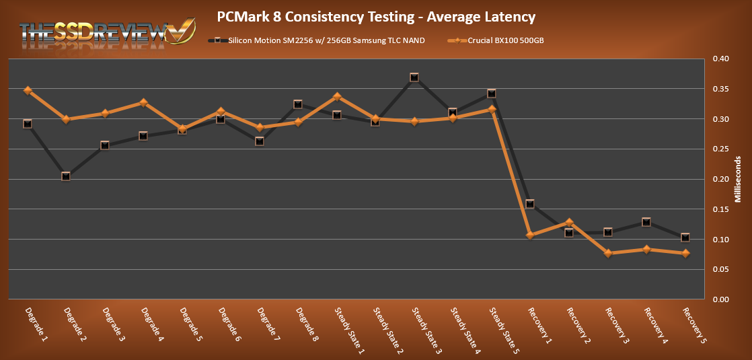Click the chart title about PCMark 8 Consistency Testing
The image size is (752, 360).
376,15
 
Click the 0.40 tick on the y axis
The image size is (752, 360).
720,59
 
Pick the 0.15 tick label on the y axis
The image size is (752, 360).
720,209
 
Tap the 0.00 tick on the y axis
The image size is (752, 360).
720,299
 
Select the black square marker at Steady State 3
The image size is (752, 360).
414,77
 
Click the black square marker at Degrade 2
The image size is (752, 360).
66,176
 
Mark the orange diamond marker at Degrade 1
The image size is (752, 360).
28,90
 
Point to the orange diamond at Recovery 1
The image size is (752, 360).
531,235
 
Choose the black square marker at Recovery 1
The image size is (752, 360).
531,204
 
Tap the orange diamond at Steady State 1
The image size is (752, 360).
337,97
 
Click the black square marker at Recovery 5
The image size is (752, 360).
685,238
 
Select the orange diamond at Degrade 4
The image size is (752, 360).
143,103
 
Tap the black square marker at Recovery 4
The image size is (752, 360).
646,222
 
